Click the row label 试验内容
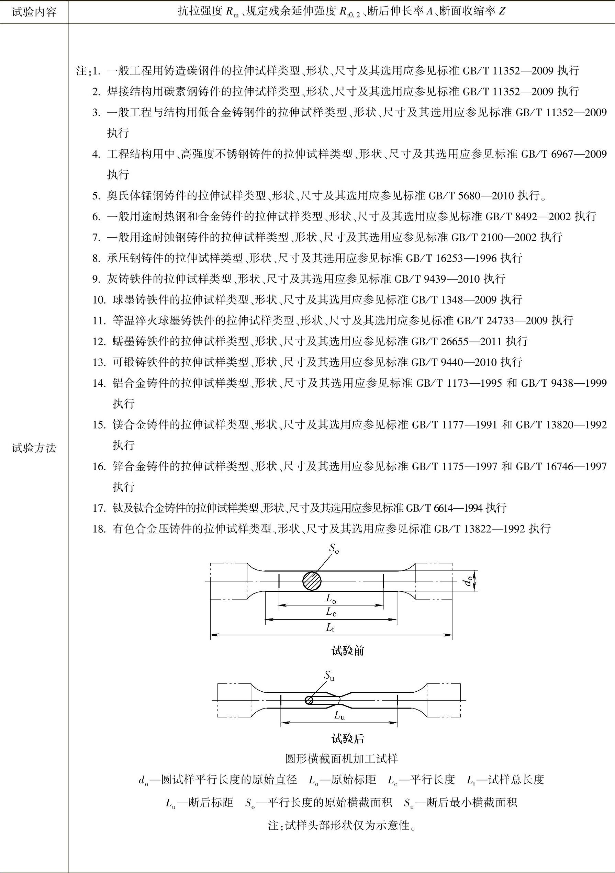coord(34,12)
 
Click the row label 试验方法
coord(34,448)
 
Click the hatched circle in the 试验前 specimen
coord(312,581)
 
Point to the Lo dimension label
coord(331,599)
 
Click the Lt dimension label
coord(330,627)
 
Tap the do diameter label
coord(469,581)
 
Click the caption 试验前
coord(348,651)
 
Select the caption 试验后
coord(348,739)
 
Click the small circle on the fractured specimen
coord(309,700)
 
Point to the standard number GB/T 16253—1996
coord(451,258)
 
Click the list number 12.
coord(99,341)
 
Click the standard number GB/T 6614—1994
coord(444,508)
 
